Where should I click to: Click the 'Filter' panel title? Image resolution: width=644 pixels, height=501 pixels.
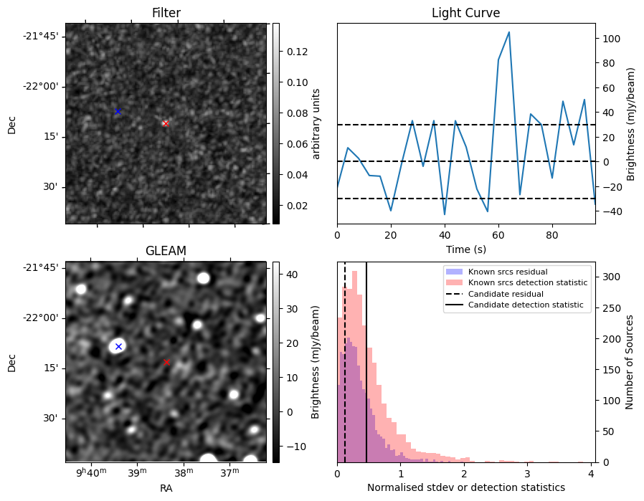[166, 13]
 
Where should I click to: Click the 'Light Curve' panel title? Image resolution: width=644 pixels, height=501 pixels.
[465, 13]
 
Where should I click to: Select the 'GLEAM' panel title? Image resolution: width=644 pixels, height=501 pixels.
[166, 251]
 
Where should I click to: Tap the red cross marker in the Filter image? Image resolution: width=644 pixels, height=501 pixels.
[166, 123]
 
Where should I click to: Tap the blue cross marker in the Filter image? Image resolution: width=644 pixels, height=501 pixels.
[118, 111]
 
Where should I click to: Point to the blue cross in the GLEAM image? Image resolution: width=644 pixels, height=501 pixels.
[118, 346]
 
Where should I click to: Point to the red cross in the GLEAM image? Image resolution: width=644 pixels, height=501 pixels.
[166, 362]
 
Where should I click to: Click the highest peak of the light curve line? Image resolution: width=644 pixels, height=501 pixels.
[508, 32]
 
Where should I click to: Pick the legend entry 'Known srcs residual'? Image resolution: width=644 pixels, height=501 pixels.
[507, 272]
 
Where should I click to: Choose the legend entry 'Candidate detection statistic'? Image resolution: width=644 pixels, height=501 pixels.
[525, 305]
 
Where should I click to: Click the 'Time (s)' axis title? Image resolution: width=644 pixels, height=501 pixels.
[465, 248]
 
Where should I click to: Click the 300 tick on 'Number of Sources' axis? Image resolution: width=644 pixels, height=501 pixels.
[610, 277]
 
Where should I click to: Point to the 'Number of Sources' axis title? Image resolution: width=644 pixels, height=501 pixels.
[630, 362]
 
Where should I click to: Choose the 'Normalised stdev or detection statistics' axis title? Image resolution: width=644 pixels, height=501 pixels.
[465, 487]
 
